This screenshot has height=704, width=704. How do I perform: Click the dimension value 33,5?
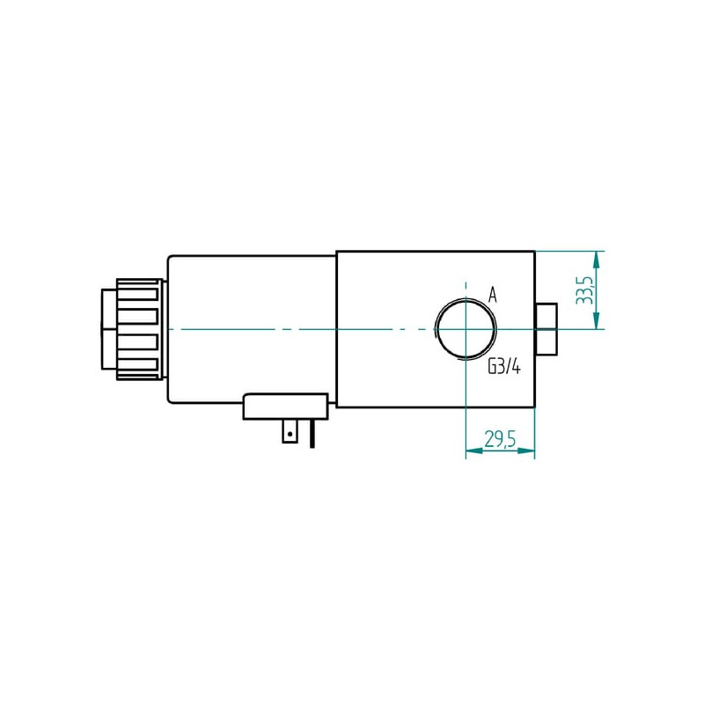tap(584, 290)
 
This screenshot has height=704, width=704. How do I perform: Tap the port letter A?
tap(493, 296)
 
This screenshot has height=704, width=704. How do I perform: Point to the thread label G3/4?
tap(504, 368)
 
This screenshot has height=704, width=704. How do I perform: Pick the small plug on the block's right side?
tap(546, 329)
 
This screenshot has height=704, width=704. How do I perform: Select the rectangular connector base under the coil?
tap(285, 407)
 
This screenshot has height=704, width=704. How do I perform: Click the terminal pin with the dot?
tap(290, 431)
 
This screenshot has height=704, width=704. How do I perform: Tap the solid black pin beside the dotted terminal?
tap(312, 434)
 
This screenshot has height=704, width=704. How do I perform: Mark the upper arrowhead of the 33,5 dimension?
tap(596, 260)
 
